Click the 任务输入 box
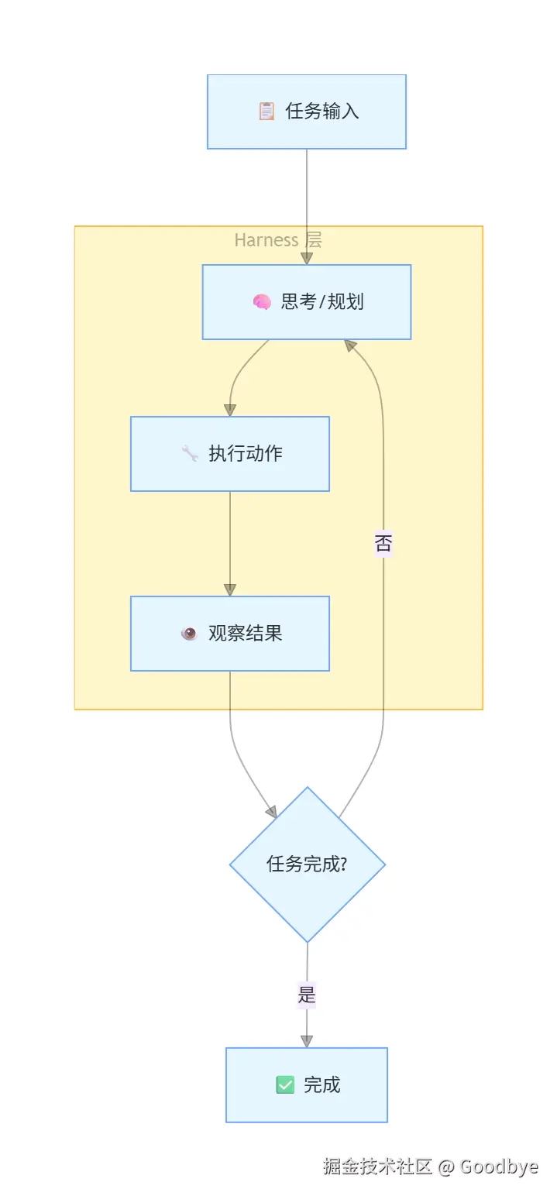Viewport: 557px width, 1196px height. [307, 112]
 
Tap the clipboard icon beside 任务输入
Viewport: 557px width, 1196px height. [266, 111]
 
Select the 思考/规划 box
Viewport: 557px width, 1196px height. [307, 301]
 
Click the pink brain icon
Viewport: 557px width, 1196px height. [262, 301]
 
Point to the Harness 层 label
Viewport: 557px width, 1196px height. [278, 240]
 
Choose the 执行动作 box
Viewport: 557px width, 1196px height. [230, 454]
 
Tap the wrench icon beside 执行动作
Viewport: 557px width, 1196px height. [190, 454]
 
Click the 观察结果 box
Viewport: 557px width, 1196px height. [230, 633]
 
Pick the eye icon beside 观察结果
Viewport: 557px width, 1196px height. [189, 633]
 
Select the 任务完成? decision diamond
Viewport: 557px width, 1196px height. [307, 864]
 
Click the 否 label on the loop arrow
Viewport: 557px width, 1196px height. [383, 544]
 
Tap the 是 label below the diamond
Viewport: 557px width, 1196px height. [307, 995]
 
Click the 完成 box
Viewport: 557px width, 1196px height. [307, 1085]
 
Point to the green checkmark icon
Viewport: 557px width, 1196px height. [285, 1085]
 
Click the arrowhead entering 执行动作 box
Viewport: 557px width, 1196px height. [230, 411]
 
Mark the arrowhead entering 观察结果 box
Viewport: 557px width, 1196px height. [230, 590]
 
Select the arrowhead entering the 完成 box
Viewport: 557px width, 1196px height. [307, 1042]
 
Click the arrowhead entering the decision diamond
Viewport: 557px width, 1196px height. [272, 812]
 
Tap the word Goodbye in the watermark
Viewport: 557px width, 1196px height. [499, 1167]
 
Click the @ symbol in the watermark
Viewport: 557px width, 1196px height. [446, 1167]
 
